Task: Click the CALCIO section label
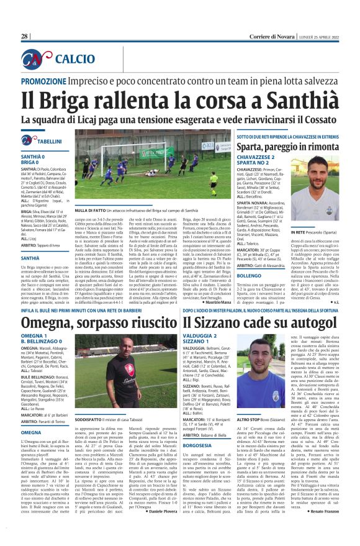point(74,58)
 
